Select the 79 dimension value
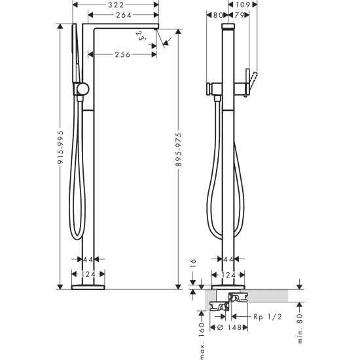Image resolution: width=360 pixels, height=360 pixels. tap(240, 15)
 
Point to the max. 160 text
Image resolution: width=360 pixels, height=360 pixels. tap(202, 333)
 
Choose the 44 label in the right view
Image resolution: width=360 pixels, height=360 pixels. tap(229, 261)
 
